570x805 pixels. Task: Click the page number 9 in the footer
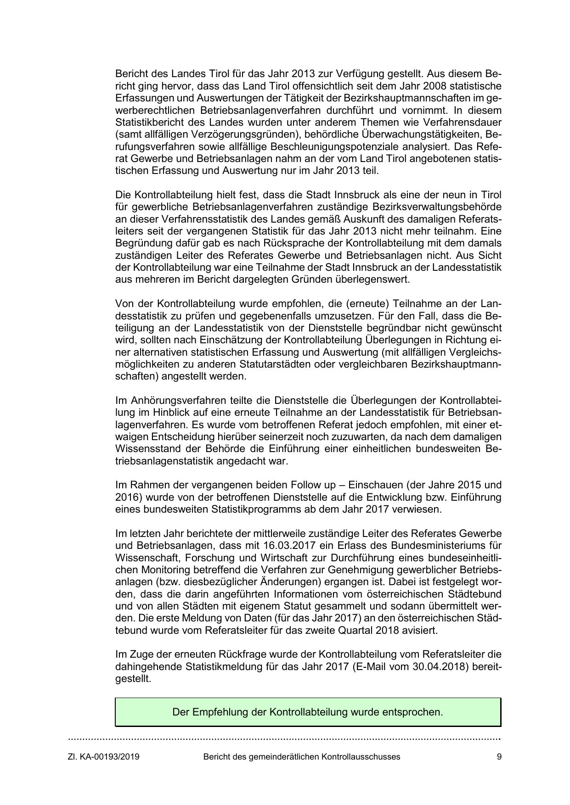499,757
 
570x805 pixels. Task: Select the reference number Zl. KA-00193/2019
104,757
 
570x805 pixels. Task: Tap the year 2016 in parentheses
127,497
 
